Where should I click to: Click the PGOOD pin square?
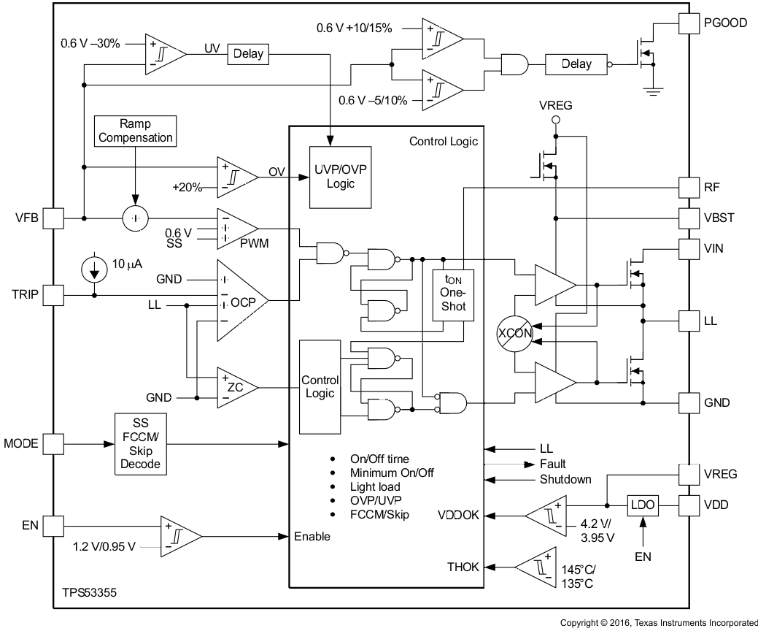pyautogui.click(x=689, y=23)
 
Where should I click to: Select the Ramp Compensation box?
pyautogui.click(x=136, y=130)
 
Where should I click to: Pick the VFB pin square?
pyautogui.click(x=53, y=218)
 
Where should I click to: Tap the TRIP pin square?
pyautogui.click(x=53, y=295)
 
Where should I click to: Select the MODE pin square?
pyautogui.click(x=53, y=443)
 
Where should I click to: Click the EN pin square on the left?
pyautogui.click(x=53, y=525)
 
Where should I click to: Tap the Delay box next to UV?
pyautogui.click(x=249, y=54)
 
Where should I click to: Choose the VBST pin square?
pyautogui.click(x=689, y=218)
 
